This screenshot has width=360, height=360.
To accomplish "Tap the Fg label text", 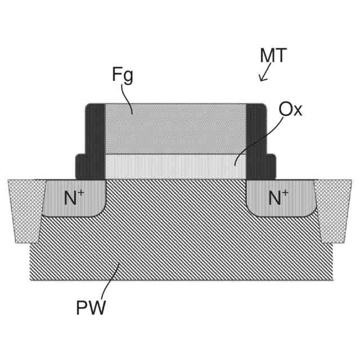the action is (x=122, y=75).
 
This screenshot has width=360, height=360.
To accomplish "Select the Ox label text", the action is (x=290, y=109).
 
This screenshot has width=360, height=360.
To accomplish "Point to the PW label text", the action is (x=91, y=308).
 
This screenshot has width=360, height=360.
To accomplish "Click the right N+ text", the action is (x=278, y=197).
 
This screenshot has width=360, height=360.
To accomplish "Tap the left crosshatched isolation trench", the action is (x=25, y=208).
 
